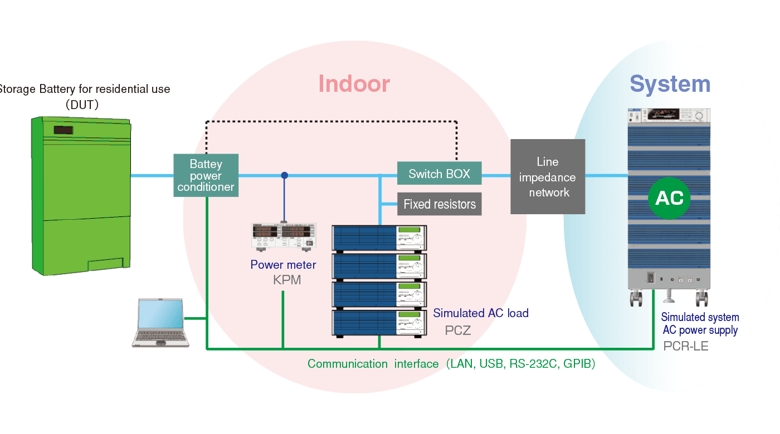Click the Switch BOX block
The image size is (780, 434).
[x=439, y=174]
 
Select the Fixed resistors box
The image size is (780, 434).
[x=439, y=204]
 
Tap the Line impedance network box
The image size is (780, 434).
[x=548, y=177]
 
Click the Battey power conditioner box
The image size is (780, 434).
[x=206, y=175]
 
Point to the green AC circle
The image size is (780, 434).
[x=669, y=199]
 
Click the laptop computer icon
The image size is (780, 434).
[x=159, y=323]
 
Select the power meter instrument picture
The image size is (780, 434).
[x=284, y=236]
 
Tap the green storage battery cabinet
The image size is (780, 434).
[x=81, y=195]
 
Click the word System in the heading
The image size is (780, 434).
[x=670, y=84]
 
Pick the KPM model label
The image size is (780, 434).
[x=287, y=280]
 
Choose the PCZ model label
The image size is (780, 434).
[x=458, y=331]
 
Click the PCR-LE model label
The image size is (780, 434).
[x=686, y=346]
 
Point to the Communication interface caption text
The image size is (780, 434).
[x=451, y=364]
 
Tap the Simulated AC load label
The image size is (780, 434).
[x=480, y=313]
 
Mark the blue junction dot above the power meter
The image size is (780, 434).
[x=285, y=175]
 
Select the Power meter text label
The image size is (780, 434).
[x=283, y=265]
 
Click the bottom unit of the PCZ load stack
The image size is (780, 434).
[x=379, y=323]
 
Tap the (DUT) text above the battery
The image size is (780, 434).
[x=82, y=104]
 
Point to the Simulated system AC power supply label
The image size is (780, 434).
[x=700, y=324]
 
